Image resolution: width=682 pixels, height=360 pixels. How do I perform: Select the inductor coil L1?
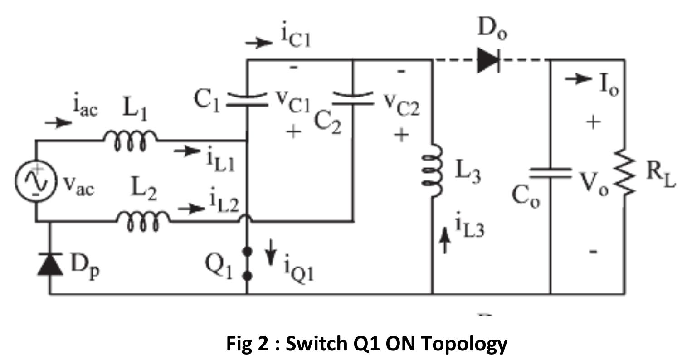pyautogui.click(x=131, y=139)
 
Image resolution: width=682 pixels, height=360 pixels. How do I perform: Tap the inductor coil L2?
pyautogui.click(x=143, y=221)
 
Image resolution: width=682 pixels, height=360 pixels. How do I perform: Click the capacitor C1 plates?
pyautogui.click(x=247, y=99)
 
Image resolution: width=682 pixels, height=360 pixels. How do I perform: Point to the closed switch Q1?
pyautogui.click(x=247, y=263)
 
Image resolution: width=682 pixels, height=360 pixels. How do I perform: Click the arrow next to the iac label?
pyautogui.click(x=58, y=122)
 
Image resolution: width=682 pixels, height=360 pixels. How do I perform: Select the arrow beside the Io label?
pyautogui.click(x=578, y=79)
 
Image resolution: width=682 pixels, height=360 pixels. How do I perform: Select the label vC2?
pyautogui.click(x=402, y=106)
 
